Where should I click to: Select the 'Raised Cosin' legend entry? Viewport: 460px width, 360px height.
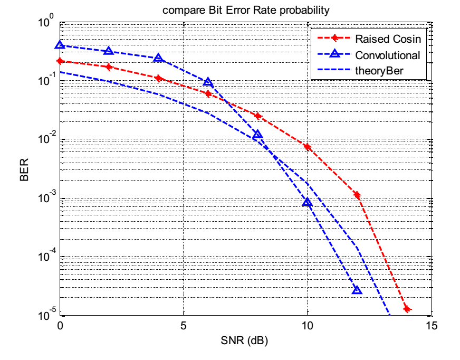point(387,40)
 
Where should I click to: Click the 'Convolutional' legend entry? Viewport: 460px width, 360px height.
point(387,55)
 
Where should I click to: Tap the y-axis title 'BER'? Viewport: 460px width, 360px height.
point(24,170)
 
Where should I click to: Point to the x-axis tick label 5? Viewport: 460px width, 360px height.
point(183,325)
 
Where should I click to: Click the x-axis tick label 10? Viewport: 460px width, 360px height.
point(306,325)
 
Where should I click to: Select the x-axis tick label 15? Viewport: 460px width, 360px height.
point(430,325)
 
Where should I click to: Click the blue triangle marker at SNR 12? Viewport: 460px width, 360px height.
point(357,290)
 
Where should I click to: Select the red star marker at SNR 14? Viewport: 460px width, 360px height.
point(406,309)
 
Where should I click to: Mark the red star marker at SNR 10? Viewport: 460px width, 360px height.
point(307,147)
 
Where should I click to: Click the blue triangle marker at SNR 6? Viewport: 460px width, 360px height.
point(208,82)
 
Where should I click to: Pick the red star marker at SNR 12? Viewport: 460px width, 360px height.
point(357,195)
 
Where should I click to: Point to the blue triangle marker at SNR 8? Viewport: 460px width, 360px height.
point(257,135)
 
